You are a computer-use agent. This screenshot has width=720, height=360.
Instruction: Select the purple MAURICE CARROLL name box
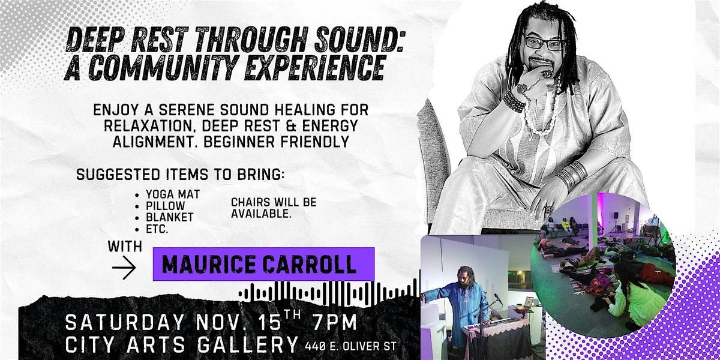point(263,264)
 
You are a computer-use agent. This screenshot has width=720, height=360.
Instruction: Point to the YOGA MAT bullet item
point(173,195)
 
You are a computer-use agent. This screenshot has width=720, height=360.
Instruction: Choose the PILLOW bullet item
point(166,205)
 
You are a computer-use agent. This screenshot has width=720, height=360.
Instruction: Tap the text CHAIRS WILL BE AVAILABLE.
point(274,208)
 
